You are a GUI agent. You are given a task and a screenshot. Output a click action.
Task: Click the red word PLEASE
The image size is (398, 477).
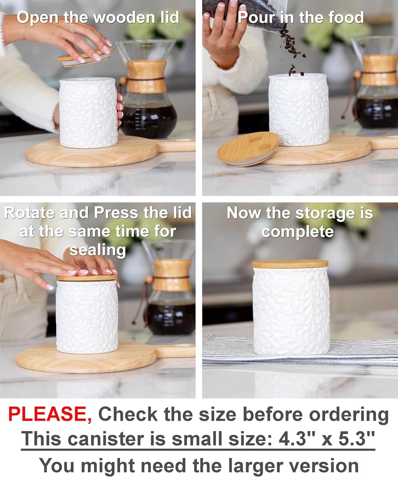[x=50, y=414]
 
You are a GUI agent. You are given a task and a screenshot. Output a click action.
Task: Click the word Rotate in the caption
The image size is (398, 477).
[x=31, y=213]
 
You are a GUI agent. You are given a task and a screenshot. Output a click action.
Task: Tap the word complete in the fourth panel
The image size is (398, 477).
[x=297, y=232]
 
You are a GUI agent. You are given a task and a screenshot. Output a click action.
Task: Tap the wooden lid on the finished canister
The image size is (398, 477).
[x=290, y=264]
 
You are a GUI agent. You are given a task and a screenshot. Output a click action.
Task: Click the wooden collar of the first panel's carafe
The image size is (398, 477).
[x=146, y=76]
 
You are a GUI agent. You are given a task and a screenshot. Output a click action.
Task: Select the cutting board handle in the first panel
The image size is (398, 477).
[x=177, y=145]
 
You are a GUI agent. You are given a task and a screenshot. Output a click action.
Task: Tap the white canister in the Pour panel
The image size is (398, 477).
[x=299, y=109]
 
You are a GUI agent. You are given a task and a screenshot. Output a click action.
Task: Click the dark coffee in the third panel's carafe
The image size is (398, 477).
[x=170, y=319]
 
